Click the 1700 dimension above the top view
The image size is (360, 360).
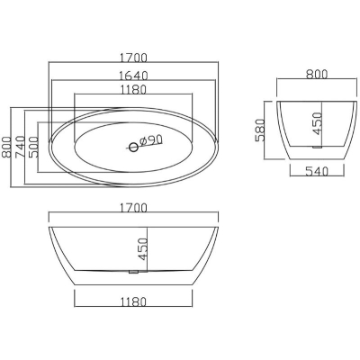(x=133, y=58)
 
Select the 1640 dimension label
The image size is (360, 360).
(x=133, y=76)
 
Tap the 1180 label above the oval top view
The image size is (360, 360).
(x=133, y=90)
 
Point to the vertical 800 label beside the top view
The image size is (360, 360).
(x=6, y=147)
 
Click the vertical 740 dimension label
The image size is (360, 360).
(x=20, y=147)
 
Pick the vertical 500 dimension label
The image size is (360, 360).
(x=33, y=147)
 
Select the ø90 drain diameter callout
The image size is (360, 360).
(x=151, y=140)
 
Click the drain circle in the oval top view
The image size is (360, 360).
(x=133, y=147)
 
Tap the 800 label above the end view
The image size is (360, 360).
(x=317, y=74)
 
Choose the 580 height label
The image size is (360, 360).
(x=260, y=130)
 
